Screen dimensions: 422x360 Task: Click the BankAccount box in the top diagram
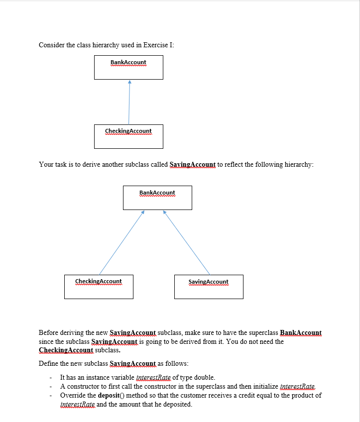pos(128,67)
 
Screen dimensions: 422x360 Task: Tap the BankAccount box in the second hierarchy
pos(157,198)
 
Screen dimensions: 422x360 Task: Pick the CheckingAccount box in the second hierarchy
pos(99,287)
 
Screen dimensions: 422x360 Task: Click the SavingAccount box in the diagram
pos(209,287)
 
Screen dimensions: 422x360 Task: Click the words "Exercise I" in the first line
pos(158,45)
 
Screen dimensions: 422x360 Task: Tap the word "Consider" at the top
pos(51,45)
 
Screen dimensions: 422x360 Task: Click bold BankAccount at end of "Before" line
pos(301,332)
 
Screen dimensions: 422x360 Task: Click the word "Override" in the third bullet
pos(73,396)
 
